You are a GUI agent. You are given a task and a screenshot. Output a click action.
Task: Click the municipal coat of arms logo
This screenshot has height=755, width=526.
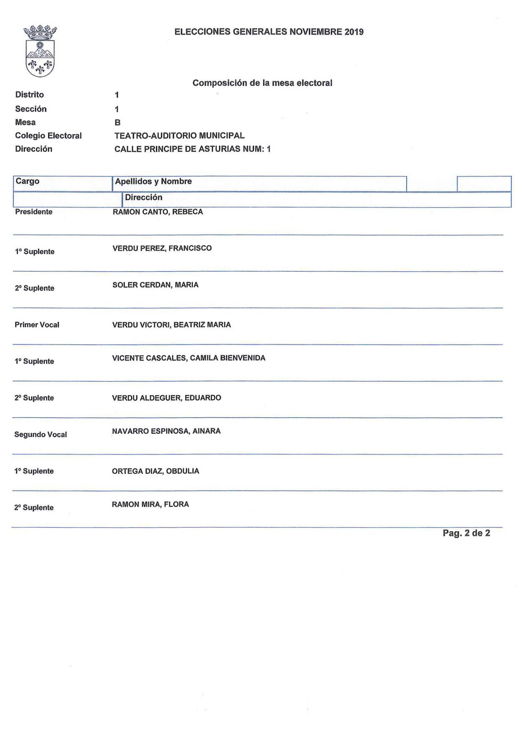(x=40, y=51)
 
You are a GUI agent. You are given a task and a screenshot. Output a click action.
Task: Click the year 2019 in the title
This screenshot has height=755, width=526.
(x=354, y=32)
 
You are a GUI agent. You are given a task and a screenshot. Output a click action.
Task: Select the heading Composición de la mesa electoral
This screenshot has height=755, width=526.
(x=262, y=83)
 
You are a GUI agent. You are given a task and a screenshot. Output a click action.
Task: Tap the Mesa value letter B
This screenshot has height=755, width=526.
(x=117, y=123)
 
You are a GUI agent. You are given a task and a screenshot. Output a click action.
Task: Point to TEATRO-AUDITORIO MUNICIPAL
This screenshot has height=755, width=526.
(x=179, y=136)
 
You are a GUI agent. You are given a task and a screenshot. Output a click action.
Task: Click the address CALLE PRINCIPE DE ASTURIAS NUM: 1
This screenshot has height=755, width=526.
(x=192, y=149)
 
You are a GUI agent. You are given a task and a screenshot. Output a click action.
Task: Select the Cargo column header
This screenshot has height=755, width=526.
(x=27, y=181)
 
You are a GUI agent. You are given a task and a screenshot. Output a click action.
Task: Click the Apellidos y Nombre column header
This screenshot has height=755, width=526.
(x=153, y=181)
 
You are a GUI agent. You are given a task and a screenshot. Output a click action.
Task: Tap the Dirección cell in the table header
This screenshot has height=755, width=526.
(x=143, y=197)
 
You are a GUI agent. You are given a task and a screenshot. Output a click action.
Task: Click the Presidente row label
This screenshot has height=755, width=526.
(x=34, y=212)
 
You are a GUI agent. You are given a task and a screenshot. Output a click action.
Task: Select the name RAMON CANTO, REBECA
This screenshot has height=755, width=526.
(x=158, y=212)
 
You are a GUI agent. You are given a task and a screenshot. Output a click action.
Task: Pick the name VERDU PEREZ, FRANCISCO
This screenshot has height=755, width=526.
(x=162, y=248)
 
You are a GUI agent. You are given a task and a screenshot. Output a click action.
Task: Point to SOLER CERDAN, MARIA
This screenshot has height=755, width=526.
(x=155, y=285)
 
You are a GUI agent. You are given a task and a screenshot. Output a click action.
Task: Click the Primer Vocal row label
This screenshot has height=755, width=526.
(x=37, y=325)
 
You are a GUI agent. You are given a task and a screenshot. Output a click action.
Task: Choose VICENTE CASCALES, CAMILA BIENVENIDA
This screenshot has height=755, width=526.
(x=189, y=358)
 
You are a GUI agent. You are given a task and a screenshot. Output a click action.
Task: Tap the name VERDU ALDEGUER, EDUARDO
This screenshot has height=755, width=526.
(x=167, y=398)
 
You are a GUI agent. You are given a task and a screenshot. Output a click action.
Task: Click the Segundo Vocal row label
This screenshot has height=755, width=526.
(x=40, y=435)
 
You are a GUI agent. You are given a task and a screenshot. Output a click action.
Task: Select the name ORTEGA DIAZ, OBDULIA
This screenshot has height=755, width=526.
(x=155, y=471)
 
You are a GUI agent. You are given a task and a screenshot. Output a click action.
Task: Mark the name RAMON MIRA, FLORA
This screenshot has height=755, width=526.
(x=150, y=505)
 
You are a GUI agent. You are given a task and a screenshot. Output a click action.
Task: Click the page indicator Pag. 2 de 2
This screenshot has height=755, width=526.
(x=466, y=533)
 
